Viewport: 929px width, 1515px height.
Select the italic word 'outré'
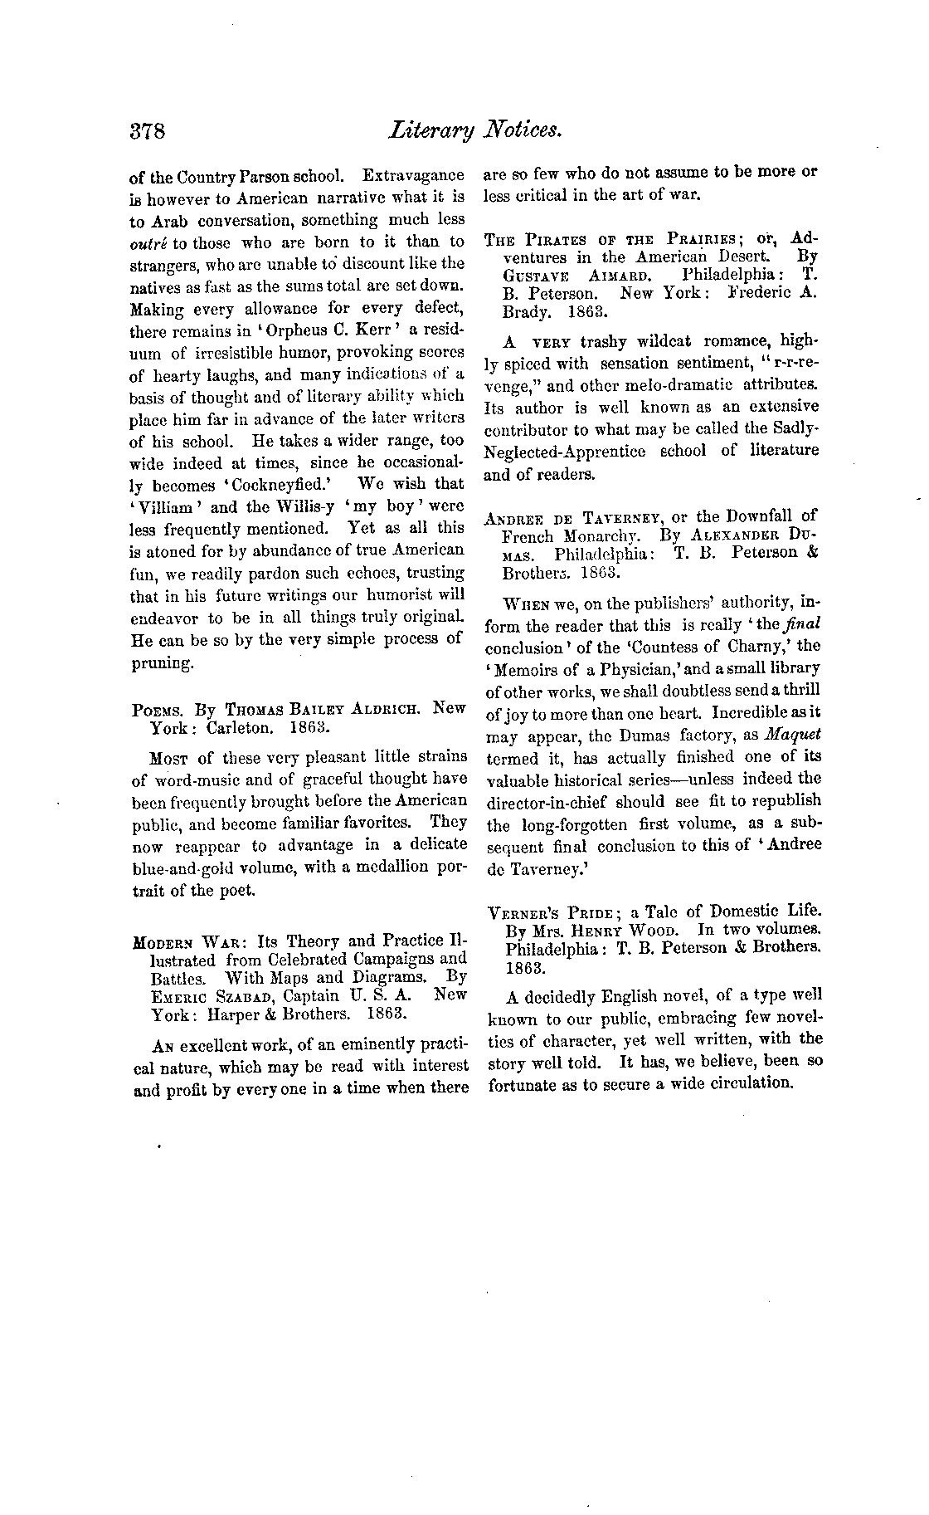tap(147, 242)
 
